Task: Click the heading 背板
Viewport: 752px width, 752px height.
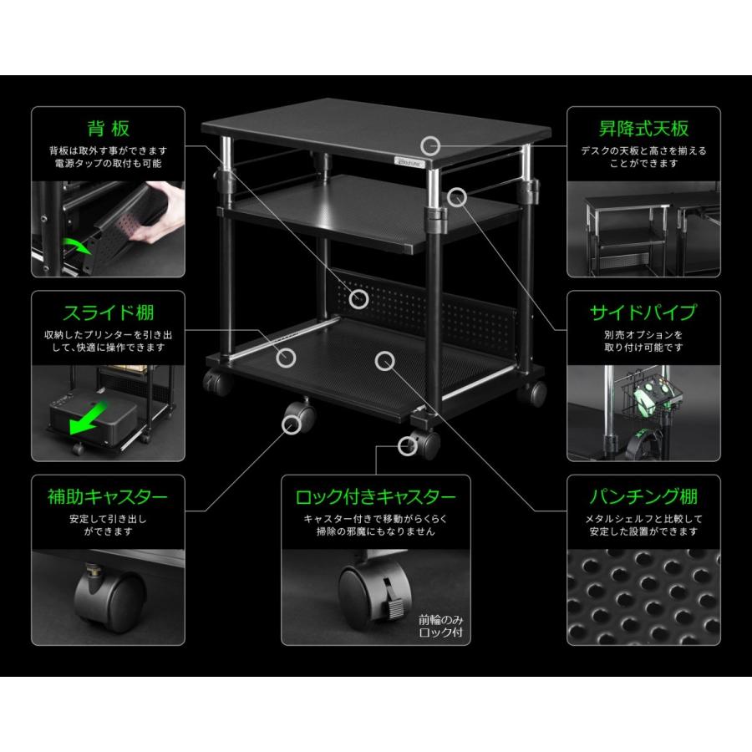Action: click(109, 129)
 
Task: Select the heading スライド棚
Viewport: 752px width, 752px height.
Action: click(109, 312)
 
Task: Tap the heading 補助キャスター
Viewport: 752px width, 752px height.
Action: click(108, 497)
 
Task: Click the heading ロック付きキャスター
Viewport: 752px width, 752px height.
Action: click(375, 497)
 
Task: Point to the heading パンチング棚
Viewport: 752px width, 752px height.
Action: click(643, 497)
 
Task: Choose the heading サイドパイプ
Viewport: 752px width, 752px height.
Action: click(643, 312)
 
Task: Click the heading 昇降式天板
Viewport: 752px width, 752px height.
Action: click(643, 129)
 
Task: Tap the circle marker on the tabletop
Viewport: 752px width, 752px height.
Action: click(430, 145)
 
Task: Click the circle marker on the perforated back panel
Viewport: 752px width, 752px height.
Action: click(358, 299)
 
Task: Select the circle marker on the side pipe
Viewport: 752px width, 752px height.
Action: click(457, 197)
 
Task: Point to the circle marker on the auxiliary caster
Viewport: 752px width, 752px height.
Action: click(291, 424)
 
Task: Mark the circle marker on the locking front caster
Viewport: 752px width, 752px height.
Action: click(408, 446)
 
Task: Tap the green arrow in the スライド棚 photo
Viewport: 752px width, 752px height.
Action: click(89, 416)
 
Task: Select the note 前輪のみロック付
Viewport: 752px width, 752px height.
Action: click(440, 626)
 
